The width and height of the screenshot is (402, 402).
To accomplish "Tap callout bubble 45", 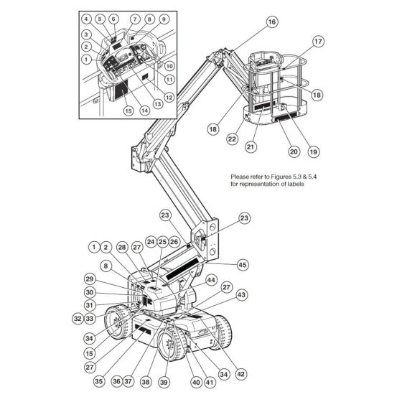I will (x=242, y=265).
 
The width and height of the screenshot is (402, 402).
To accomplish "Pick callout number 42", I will (x=240, y=373).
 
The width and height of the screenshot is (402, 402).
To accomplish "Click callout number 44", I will (x=211, y=279).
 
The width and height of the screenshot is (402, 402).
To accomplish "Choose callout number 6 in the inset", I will (x=113, y=19).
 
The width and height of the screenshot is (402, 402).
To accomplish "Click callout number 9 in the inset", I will (x=164, y=19).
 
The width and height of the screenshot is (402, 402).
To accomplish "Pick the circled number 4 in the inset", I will (x=86, y=19).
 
